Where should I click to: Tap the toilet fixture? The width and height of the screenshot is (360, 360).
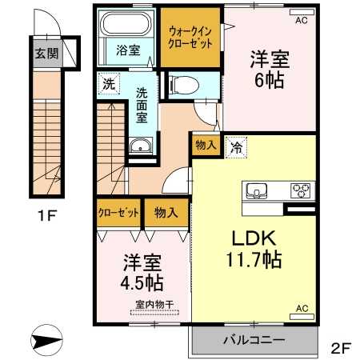click(184, 85)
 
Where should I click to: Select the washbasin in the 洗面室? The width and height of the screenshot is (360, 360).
click(141, 146)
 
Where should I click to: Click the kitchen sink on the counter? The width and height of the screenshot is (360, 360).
click(256, 191)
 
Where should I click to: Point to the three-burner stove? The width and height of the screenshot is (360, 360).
click(302, 190)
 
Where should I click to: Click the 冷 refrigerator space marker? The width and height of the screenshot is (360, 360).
click(236, 147)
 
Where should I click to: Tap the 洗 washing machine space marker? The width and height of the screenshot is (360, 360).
click(109, 84)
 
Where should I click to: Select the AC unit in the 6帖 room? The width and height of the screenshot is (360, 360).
click(302, 12)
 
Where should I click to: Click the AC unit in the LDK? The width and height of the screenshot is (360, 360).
click(302, 317)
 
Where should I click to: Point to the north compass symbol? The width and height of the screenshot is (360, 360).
click(46, 341)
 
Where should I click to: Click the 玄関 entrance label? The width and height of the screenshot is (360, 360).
click(46, 54)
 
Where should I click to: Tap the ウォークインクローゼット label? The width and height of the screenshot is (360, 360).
click(190, 37)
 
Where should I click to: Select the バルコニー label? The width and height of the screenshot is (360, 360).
click(254, 340)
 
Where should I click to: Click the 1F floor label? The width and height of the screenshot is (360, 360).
click(47, 215)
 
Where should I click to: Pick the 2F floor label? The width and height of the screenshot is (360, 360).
click(341, 347)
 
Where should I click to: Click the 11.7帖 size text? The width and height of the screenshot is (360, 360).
click(254, 260)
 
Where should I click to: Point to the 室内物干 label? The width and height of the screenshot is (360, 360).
click(154, 305)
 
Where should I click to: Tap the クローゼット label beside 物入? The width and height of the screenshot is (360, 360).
click(118, 213)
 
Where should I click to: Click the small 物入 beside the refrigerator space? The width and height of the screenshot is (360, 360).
click(206, 145)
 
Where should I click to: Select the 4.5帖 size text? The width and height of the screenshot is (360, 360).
click(142, 283)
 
